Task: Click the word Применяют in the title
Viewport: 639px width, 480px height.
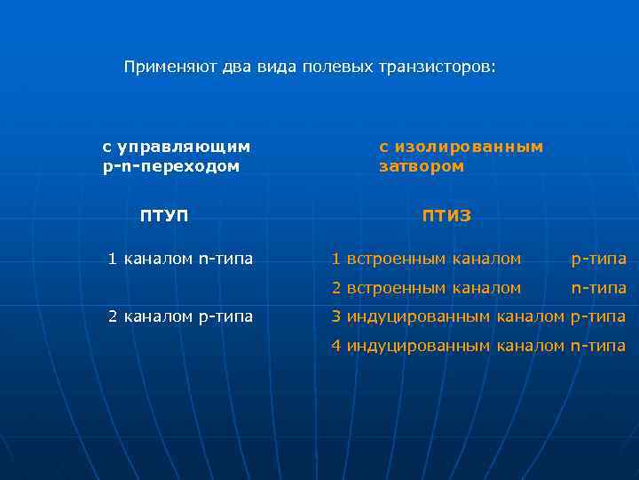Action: pyautogui.click(x=161, y=68)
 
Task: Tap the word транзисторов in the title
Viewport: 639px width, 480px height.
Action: pyautogui.click(x=438, y=68)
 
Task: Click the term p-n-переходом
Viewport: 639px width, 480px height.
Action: pyautogui.click(x=171, y=166)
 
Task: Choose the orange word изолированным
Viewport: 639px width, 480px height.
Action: pyautogui.click(x=469, y=147)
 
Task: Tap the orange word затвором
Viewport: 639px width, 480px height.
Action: pyautogui.click(x=422, y=166)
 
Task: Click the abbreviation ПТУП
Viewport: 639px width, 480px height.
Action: pyautogui.click(x=164, y=215)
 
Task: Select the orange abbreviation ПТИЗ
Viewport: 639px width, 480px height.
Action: pyautogui.click(x=446, y=215)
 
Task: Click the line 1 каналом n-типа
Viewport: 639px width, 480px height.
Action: pyautogui.click(x=180, y=259)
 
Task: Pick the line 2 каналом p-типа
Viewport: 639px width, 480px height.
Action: pyautogui.click(x=180, y=316)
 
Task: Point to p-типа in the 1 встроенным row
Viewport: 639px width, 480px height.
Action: pyautogui.click(x=598, y=259)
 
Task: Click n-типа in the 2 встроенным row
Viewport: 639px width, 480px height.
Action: pyautogui.click(x=598, y=288)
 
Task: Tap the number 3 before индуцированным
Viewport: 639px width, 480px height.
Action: pyautogui.click(x=336, y=316)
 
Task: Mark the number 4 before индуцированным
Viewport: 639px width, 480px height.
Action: pyautogui.click(x=336, y=346)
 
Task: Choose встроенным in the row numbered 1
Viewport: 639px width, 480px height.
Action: pyautogui.click(x=397, y=259)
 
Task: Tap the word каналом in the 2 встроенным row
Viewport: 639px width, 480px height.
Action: pyautogui.click(x=486, y=288)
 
